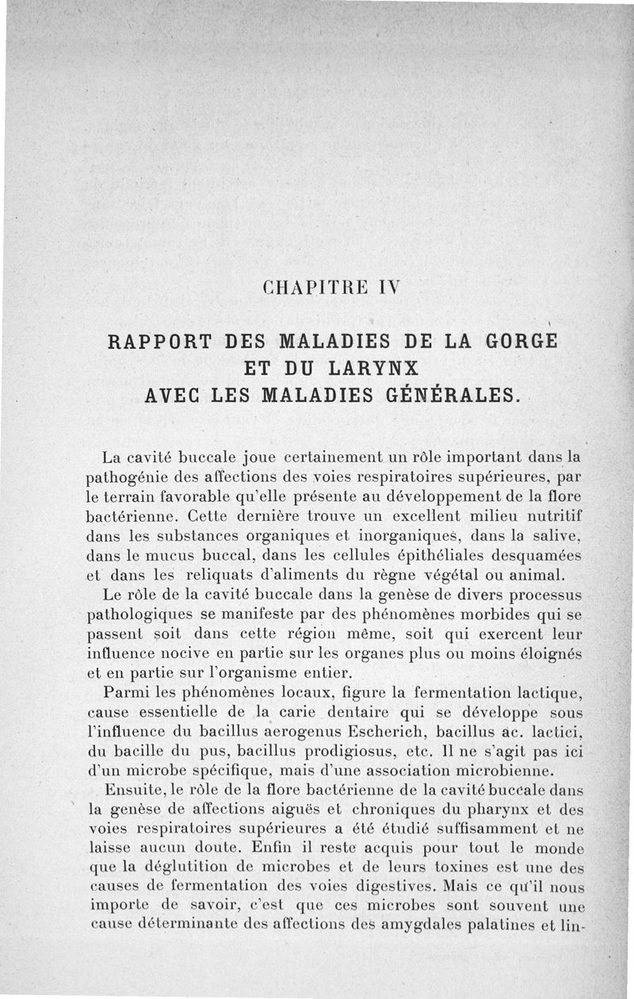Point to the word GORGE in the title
(x=518, y=343)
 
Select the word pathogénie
(x=124, y=478)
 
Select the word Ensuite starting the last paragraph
(x=132, y=790)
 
